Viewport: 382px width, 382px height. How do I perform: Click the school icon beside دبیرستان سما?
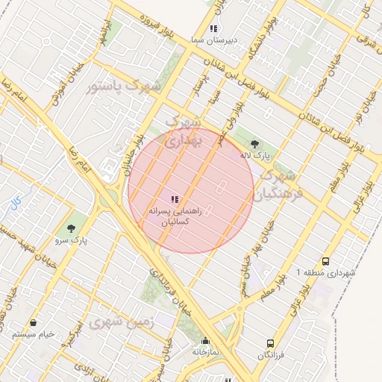(213, 28)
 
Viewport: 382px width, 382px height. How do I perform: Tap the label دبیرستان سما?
(213, 40)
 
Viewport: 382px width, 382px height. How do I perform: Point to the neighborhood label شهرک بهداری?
(182, 130)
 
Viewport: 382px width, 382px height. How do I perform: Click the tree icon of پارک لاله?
(255, 145)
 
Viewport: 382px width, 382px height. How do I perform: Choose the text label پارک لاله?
(255, 156)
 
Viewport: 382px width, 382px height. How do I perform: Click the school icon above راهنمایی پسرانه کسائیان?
(175, 199)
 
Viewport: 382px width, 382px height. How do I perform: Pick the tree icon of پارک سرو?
(71, 229)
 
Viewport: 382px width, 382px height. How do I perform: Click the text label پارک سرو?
(71, 241)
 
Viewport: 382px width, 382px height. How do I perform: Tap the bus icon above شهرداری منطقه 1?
(325, 262)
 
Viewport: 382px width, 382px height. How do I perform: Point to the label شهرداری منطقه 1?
(327, 273)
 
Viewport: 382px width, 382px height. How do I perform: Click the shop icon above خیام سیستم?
(34, 323)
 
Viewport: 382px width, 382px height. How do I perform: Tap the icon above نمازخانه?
(205, 341)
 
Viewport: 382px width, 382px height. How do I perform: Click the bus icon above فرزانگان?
(271, 344)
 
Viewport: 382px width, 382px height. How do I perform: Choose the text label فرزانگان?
(271, 355)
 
